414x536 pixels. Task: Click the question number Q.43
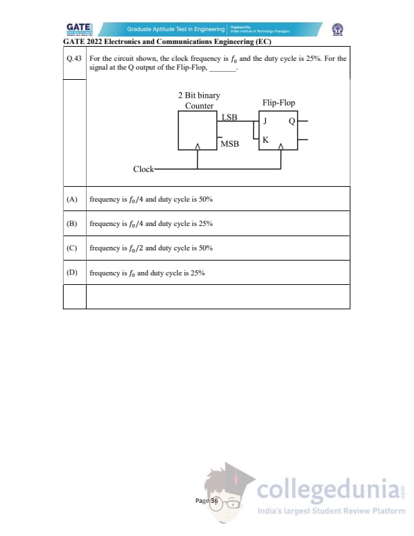pyautogui.click(x=74, y=58)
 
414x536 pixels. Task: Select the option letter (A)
pyautogui.click(x=72, y=200)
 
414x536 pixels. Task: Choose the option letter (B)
pyautogui.click(x=72, y=223)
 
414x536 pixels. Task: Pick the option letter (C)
pyautogui.click(x=72, y=248)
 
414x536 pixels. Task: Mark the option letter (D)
pyautogui.click(x=72, y=273)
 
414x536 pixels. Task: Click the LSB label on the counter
pyautogui.click(x=229, y=117)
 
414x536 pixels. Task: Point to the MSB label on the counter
pyautogui.click(x=229, y=143)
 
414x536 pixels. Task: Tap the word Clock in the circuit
pyautogui.click(x=143, y=169)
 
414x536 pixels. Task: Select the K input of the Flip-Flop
pyautogui.click(x=265, y=140)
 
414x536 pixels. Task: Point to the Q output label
pyautogui.click(x=292, y=122)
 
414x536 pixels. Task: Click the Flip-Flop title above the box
pyautogui.click(x=278, y=103)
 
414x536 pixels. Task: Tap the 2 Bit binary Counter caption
pyautogui.click(x=199, y=101)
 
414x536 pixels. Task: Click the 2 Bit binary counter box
pyautogui.click(x=197, y=131)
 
